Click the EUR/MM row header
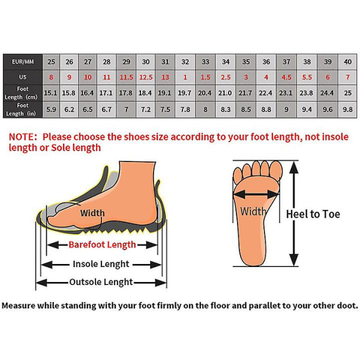(x=23, y=62)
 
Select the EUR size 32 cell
(x=185, y=62)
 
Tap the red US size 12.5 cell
(x=146, y=77)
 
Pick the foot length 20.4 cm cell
(x=205, y=93)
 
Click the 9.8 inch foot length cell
(x=347, y=110)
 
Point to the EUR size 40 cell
(x=347, y=62)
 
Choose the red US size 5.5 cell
(x=307, y=77)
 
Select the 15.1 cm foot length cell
(x=51, y=93)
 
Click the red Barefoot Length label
(x=102, y=245)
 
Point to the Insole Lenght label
(x=101, y=264)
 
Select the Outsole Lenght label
(x=101, y=282)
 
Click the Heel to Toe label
(x=313, y=214)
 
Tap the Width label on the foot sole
(x=253, y=211)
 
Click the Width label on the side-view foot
(x=92, y=213)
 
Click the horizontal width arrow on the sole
(x=256, y=195)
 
